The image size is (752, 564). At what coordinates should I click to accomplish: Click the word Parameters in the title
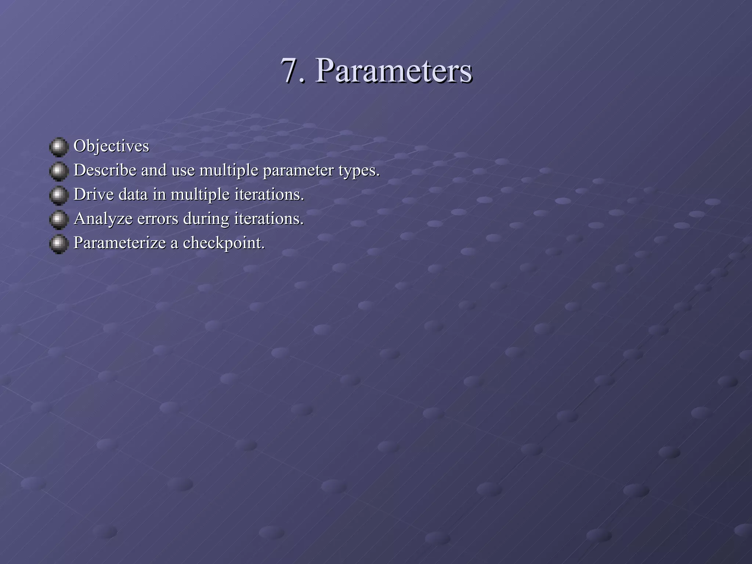(393, 71)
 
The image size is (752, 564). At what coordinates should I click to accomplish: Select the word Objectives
(111, 146)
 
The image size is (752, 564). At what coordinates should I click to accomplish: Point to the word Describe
(105, 170)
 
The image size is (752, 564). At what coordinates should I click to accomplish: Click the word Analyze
(103, 219)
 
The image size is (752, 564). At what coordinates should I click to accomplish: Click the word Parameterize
(120, 243)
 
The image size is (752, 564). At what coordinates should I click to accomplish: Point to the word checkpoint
(224, 243)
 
